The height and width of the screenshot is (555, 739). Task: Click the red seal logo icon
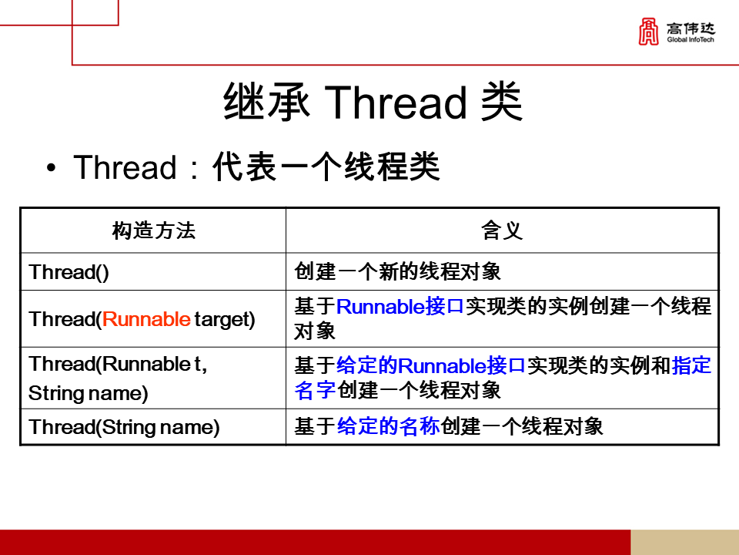(648, 32)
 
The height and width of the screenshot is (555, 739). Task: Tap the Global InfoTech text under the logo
(691, 39)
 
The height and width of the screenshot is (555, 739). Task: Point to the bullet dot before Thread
(51, 169)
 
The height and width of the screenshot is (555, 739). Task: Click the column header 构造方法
(153, 230)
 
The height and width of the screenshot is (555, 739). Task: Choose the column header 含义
(502, 230)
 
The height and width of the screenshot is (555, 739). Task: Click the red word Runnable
(146, 319)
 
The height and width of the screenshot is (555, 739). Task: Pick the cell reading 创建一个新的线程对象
(398, 272)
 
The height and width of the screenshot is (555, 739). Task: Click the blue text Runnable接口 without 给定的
(400, 307)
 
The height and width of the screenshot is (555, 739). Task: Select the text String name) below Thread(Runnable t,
(88, 393)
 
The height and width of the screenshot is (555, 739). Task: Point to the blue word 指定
(691, 365)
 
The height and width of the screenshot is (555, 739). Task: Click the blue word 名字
(315, 390)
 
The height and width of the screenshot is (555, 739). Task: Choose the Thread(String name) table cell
(124, 427)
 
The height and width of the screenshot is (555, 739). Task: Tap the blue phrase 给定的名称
(388, 427)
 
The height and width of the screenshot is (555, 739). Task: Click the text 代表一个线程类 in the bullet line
(326, 168)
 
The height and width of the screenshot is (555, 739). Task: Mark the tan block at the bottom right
(684, 542)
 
